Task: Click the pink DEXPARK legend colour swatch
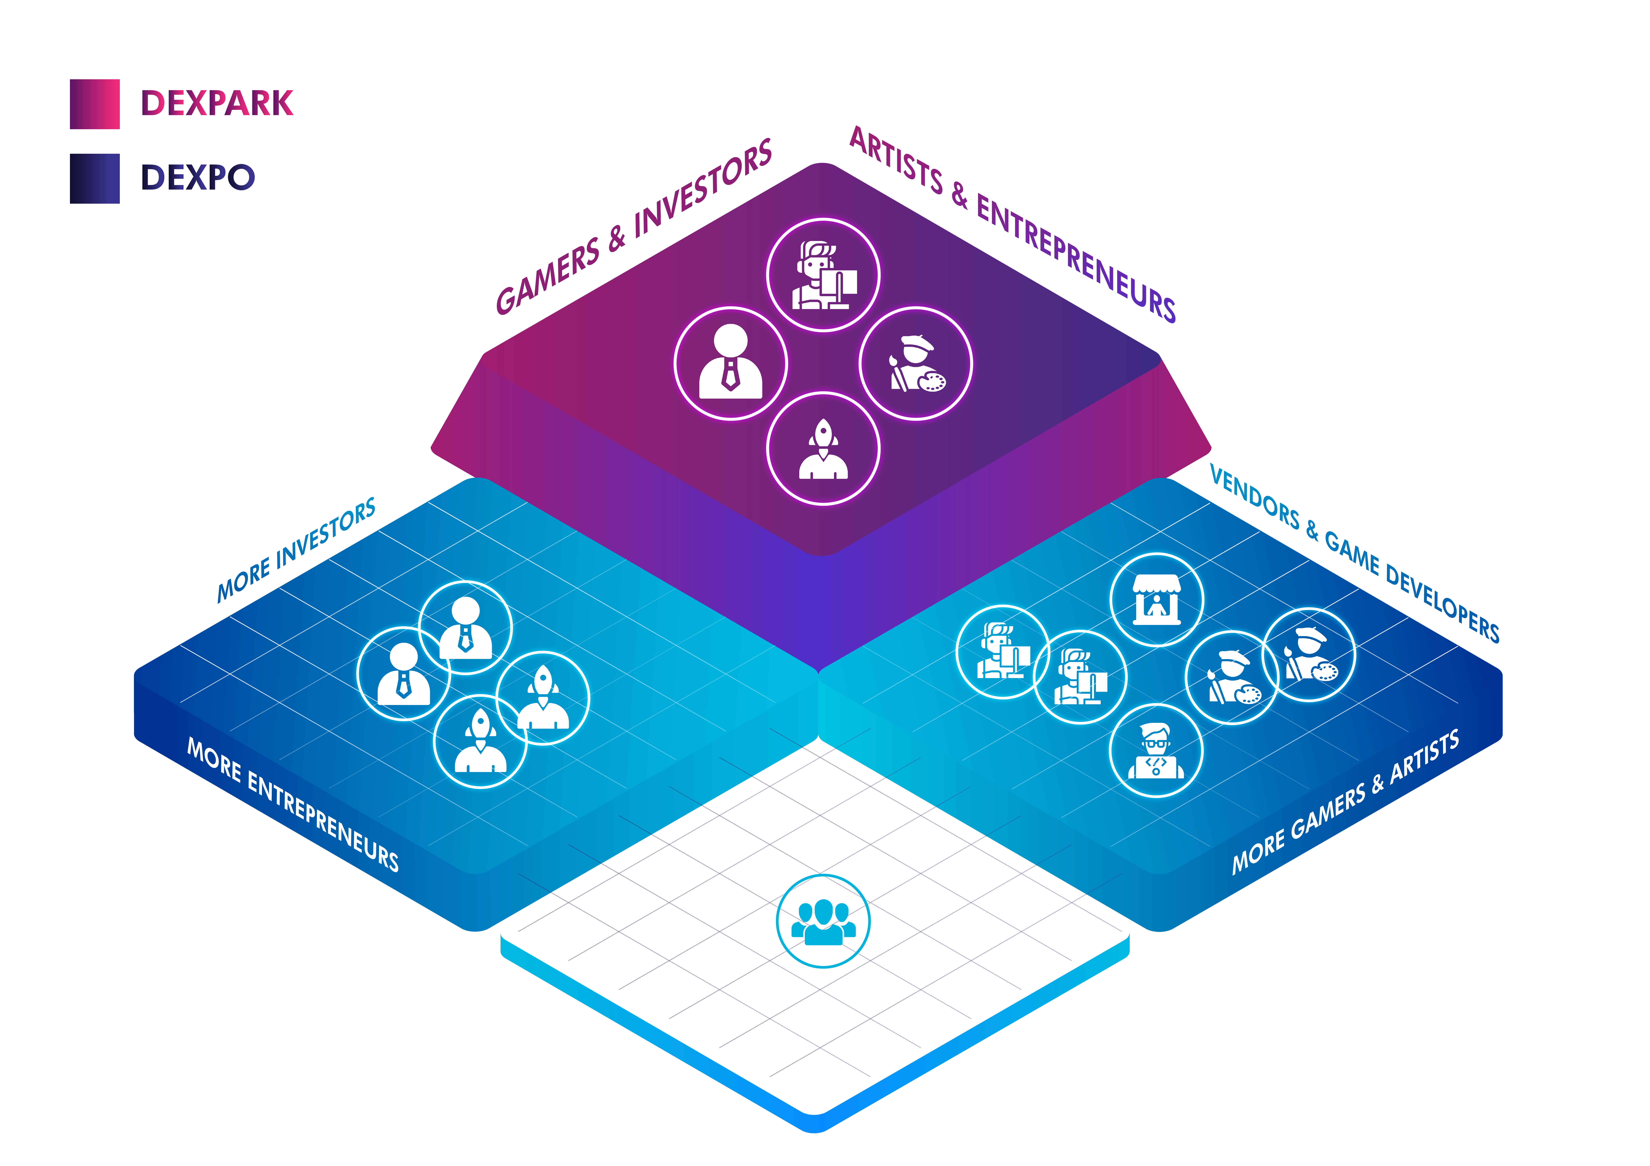pyautogui.click(x=95, y=104)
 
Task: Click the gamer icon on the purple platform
pyautogui.click(x=823, y=275)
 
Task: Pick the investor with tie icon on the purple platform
pyautogui.click(x=731, y=363)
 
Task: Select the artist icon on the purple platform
pyautogui.click(x=916, y=363)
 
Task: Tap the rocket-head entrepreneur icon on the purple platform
pyautogui.click(x=823, y=449)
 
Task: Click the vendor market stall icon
pyautogui.click(x=1157, y=600)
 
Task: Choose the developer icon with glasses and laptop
pyautogui.click(x=1156, y=751)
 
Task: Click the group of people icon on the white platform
pyautogui.click(x=823, y=921)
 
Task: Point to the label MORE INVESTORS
pyautogui.click(x=296, y=550)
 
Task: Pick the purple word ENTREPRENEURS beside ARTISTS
pyautogui.click(x=1076, y=259)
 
